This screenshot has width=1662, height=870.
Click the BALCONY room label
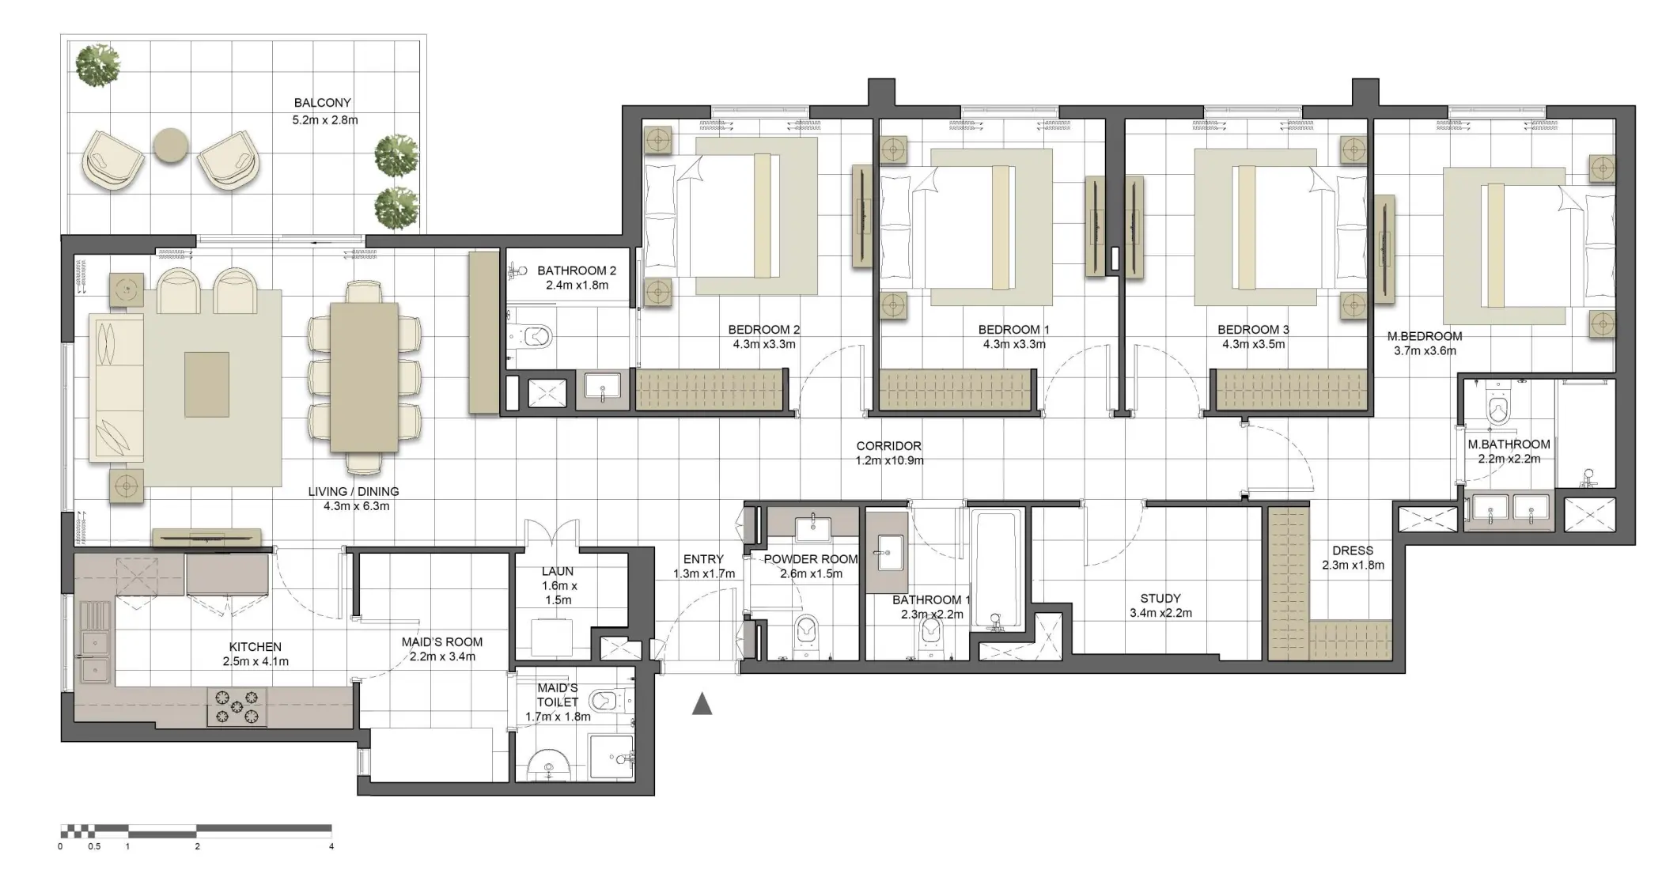[x=322, y=103]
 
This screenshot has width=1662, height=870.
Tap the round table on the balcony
[x=171, y=146]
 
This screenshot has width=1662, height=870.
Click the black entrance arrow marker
[x=702, y=704]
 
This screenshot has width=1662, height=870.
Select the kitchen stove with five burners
[x=237, y=706]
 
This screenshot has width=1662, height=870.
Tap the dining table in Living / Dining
[x=363, y=377]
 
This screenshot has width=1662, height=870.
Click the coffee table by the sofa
[x=207, y=384]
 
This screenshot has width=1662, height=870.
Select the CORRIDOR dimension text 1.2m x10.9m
[x=889, y=460]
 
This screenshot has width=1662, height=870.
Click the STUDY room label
[x=1160, y=599]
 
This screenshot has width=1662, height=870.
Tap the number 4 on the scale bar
[x=331, y=846]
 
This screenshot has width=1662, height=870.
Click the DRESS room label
[x=1352, y=550]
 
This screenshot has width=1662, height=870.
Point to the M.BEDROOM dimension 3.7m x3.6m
[x=1424, y=351]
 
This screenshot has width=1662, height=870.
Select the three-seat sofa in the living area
[x=115, y=388]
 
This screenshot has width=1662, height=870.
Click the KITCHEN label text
[x=255, y=647]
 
